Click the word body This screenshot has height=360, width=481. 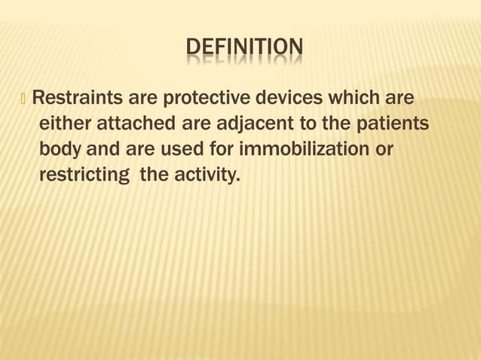pos(62,149)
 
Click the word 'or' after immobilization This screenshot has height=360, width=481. pos(384,149)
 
